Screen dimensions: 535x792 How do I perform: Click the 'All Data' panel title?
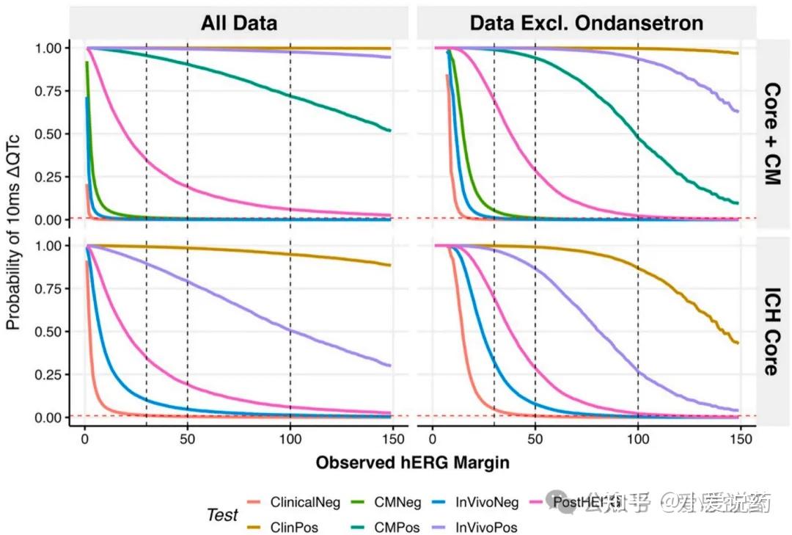click(239, 23)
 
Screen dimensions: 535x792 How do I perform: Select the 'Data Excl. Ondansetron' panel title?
click(586, 23)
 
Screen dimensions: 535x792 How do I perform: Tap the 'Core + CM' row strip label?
click(771, 133)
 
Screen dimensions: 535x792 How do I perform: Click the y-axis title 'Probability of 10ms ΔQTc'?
click(13, 231)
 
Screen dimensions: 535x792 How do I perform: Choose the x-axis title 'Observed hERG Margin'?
click(412, 463)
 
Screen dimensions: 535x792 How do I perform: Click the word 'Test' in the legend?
click(222, 515)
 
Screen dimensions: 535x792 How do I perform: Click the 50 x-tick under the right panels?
click(535, 440)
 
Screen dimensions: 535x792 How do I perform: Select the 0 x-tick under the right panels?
click(433, 440)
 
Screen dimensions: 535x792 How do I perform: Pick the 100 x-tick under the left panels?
click(290, 440)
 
